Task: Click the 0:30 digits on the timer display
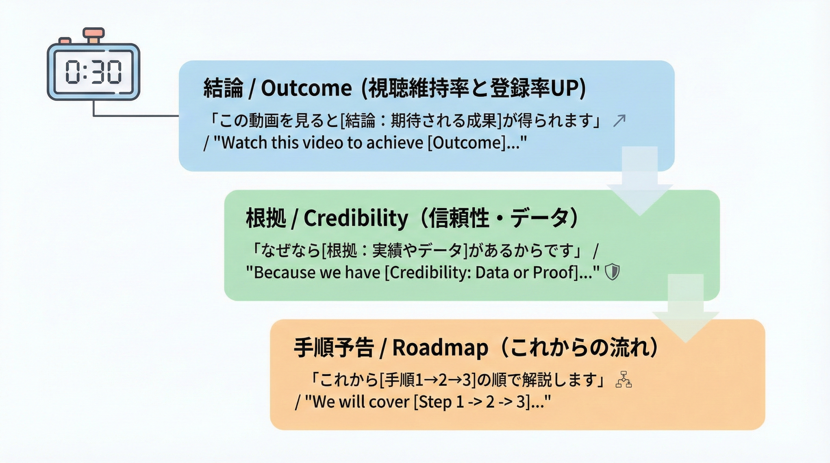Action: tap(93, 72)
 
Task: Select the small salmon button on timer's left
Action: tap(65, 41)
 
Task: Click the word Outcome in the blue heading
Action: tap(306, 88)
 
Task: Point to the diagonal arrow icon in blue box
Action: tap(619, 121)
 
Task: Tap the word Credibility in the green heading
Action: tap(356, 218)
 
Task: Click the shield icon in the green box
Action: tap(612, 272)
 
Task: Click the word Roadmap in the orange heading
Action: tap(440, 348)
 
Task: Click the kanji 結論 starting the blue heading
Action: tap(223, 88)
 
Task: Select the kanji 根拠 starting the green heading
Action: tap(265, 218)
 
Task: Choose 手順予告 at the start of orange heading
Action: tap(334, 348)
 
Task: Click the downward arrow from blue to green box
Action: tap(640, 180)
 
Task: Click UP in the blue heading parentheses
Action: tap(564, 88)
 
